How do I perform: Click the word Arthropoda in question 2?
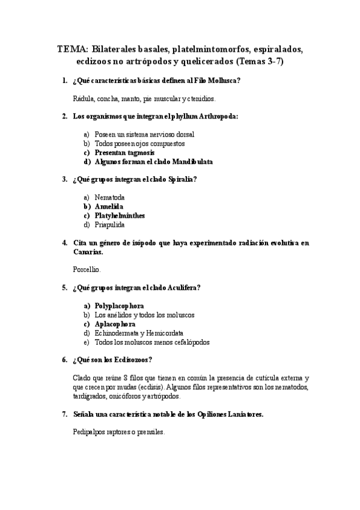coord(217,117)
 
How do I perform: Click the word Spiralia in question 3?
coord(183,179)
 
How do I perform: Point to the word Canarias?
coord(86,252)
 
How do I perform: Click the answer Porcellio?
coord(87,270)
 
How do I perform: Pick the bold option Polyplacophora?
coord(119,306)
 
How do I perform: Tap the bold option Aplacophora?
coord(115,324)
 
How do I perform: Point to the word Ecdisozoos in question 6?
coord(132,360)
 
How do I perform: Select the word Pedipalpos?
coord(88,432)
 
